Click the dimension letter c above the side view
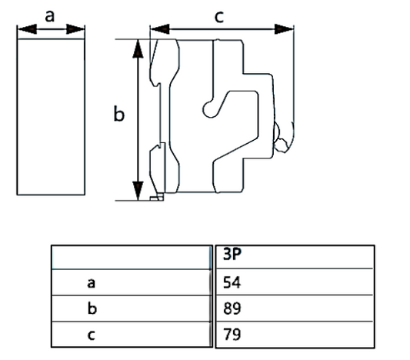(219, 15)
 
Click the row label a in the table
(92, 282)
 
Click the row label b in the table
(92, 308)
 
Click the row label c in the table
(92, 335)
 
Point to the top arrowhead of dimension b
(138, 48)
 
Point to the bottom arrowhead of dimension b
(138, 191)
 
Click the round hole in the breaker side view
(208, 110)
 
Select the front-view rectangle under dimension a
(51, 115)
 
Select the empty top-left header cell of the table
(131, 256)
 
